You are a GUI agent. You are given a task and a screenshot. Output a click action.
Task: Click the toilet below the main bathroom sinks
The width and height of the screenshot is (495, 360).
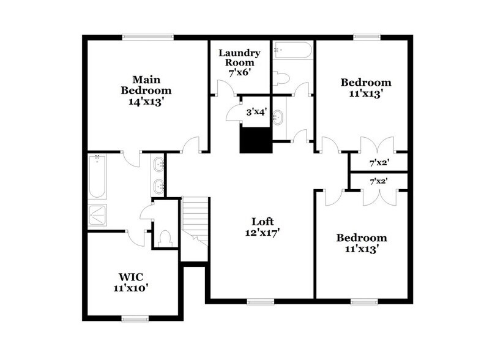[x=165, y=237]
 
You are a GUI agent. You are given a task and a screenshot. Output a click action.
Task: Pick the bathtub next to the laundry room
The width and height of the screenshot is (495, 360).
[x=292, y=50]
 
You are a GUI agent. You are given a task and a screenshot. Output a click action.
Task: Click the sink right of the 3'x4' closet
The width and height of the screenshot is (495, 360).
[x=278, y=116]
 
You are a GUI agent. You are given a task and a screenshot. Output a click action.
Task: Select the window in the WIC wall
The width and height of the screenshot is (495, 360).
[x=135, y=318]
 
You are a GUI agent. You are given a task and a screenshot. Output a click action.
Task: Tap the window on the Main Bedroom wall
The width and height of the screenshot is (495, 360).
[x=147, y=37]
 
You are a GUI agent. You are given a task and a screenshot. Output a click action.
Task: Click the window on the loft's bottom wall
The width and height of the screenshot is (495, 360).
[x=261, y=301]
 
